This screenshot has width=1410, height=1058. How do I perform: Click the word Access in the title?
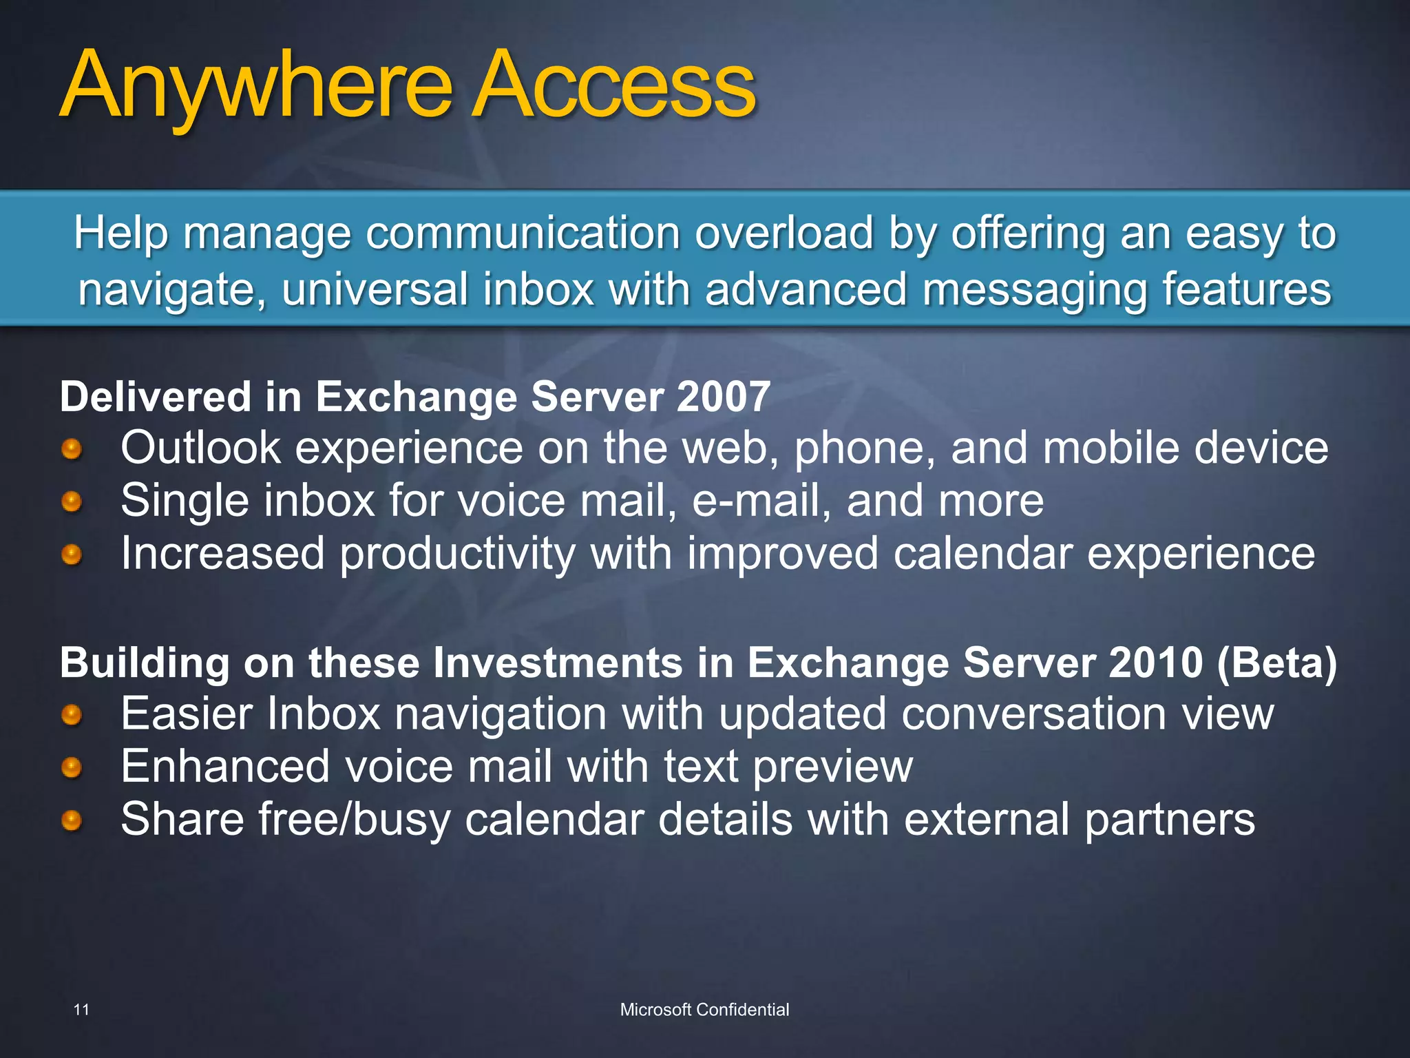613,86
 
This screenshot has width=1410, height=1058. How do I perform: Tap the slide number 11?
81,1010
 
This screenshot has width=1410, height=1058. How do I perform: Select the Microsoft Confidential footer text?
704,1010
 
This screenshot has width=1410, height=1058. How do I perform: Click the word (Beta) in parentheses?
1277,663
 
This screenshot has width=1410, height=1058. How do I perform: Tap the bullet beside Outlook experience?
72,450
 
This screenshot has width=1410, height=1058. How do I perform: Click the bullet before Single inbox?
72,501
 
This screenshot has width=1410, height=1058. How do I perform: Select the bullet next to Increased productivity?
72,554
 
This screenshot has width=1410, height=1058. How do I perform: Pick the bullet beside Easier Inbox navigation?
72,715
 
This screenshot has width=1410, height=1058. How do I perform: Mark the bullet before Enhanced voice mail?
72,767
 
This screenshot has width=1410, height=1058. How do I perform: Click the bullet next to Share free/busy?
72,820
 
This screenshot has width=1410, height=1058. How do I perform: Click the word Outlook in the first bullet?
200,448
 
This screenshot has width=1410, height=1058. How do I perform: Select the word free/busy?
354,820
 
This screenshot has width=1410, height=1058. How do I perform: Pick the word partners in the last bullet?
1170,820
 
